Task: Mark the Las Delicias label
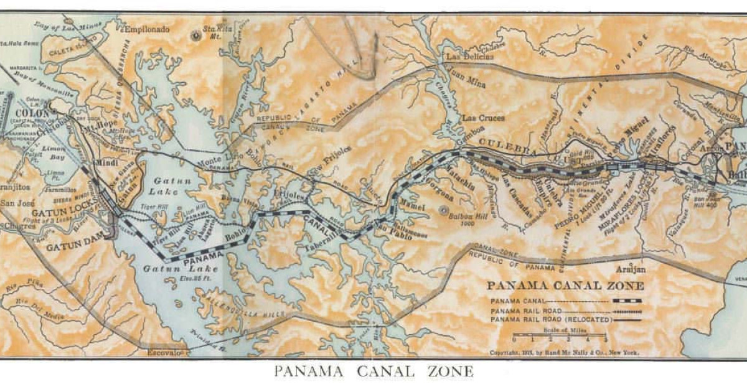[x=470, y=56]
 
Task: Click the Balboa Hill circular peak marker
[x=444, y=210]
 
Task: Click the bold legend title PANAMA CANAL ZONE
[x=565, y=287]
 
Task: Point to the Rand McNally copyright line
[x=564, y=352]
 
